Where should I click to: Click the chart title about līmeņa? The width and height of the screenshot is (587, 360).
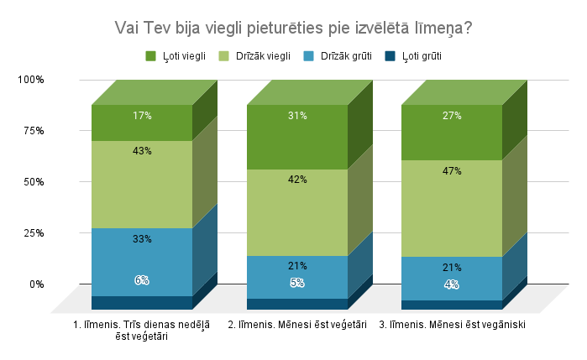[293, 28]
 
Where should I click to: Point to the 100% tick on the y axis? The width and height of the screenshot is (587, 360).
[31, 80]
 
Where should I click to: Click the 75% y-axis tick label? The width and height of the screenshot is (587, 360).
[34, 131]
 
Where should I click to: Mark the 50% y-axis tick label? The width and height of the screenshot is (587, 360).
[34, 182]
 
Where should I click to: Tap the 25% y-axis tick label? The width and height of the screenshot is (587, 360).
[34, 233]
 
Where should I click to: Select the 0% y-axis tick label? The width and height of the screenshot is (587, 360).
[37, 284]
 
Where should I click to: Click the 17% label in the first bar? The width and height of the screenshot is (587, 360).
[142, 116]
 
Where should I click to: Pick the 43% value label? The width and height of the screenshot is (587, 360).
[142, 151]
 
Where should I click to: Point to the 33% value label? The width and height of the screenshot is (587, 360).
[142, 239]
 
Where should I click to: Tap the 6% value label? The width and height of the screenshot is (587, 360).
[142, 280]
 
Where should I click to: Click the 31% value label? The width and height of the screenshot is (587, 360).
[297, 116]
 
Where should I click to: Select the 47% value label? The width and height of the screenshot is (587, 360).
[452, 170]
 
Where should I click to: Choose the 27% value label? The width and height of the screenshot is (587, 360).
[452, 116]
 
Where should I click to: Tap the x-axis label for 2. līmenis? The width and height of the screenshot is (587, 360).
[297, 325]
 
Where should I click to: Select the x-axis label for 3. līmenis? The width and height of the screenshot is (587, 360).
[452, 325]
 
